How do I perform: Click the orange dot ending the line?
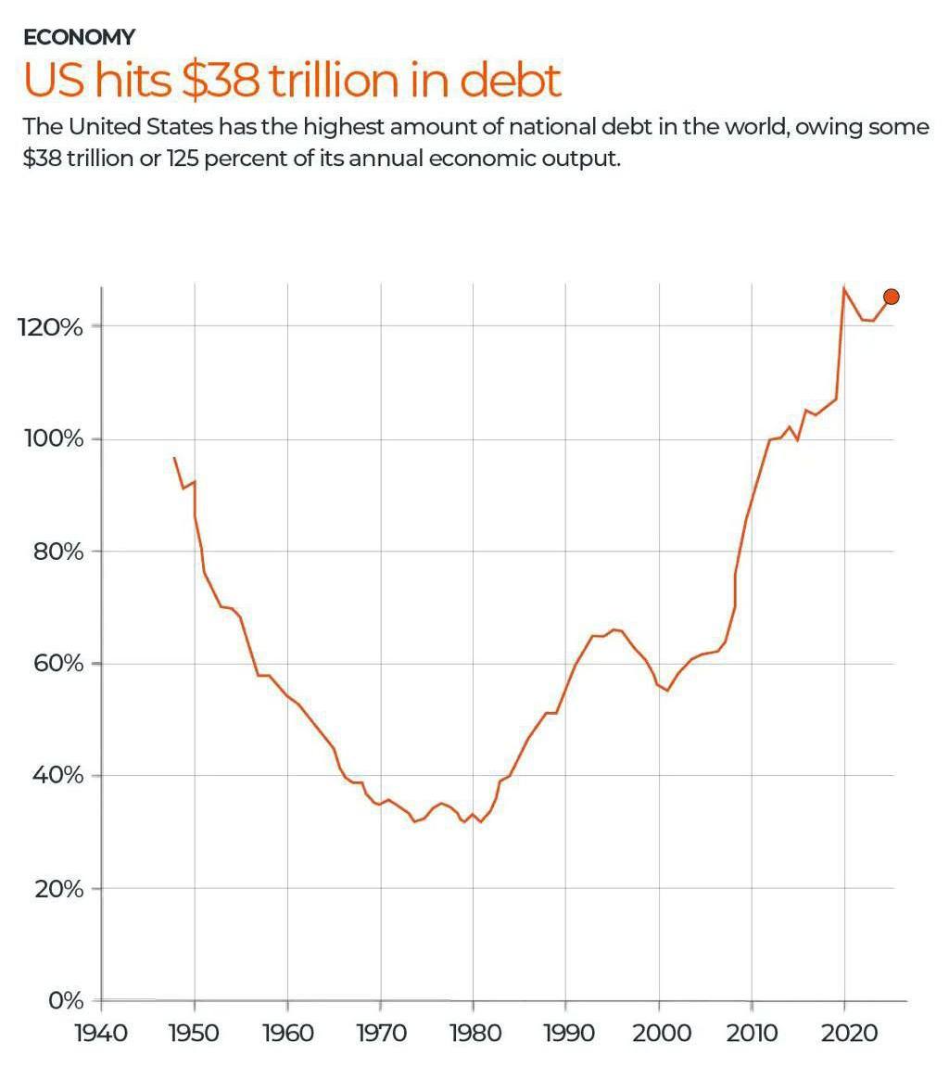click(x=892, y=297)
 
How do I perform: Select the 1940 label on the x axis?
click(x=101, y=1032)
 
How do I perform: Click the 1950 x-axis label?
click(x=195, y=1032)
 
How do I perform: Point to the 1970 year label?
click(x=380, y=1032)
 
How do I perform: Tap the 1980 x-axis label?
click(x=473, y=1032)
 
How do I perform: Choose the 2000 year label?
click(x=659, y=1032)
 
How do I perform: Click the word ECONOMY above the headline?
click(x=80, y=37)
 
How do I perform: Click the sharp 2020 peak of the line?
click(x=844, y=288)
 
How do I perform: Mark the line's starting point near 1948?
click(x=174, y=457)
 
